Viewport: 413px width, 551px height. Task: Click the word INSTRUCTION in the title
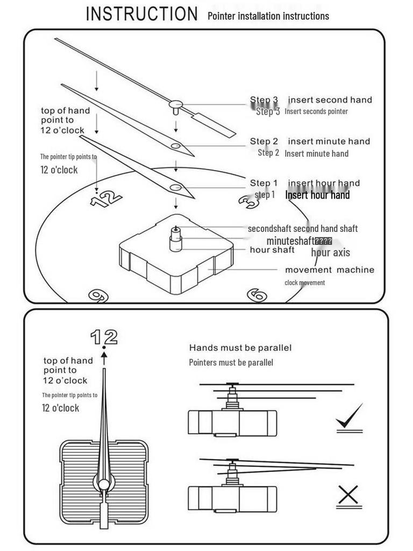coord(142,14)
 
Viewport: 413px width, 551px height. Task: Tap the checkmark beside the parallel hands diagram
coord(349,418)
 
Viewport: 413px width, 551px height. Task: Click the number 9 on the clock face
coord(98,295)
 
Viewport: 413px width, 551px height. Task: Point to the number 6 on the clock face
coord(257,294)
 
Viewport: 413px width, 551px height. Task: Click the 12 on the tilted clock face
coord(106,199)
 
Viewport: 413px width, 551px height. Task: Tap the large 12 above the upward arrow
coord(104,337)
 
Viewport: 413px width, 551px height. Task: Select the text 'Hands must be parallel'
coord(240,348)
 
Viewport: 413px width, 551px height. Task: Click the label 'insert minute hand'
coord(329,142)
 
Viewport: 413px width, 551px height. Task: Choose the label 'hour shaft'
coord(272,250)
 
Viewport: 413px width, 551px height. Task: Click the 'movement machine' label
coord(329,270)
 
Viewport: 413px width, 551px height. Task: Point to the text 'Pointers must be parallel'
coord(231,363)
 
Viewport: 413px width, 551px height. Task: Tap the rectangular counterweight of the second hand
coord(213,125)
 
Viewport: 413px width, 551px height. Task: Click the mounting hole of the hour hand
coord(175,187)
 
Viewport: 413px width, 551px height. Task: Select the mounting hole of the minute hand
coord(176,146)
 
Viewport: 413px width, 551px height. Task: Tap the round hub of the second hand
coord(176,104)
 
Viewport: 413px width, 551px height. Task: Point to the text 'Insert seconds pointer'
coord(316,111)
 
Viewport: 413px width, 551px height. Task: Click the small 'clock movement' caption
coord(304,282)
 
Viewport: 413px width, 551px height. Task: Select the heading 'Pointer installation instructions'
coord(268,16)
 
